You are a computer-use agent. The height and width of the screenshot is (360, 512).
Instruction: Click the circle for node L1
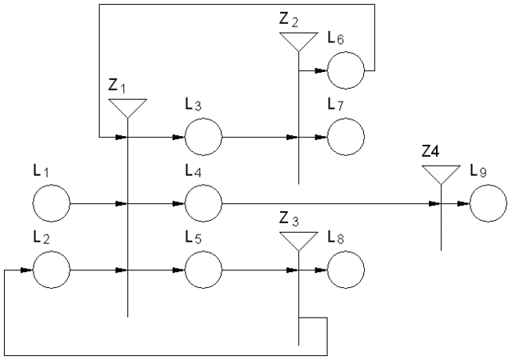pyautogui.click(x=51, y=204)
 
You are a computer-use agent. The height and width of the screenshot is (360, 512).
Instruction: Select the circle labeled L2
pyautogui.click(x=51, y=270)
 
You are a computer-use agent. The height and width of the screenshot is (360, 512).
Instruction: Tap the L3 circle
pyautogui.click(x=204, y=138)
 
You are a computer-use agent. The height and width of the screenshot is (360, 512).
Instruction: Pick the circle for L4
pyautogui.click(x=204, y=204)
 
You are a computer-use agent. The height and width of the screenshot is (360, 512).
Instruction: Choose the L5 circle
pyautogui.click(x=204, y=270)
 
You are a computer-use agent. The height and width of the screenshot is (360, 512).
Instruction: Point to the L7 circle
pyautogui.click(x=346, y=138)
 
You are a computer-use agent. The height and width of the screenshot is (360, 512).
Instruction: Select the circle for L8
pyautogui.click(x=346, y=270)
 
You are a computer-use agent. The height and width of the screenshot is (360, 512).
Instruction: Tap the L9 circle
pyautogui.click(x=488, y=204)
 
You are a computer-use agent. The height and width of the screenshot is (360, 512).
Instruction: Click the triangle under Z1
pyautogui.click(x=127, y=107)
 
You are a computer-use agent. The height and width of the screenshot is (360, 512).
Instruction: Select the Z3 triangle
pyautogui.click(x=298, y=240)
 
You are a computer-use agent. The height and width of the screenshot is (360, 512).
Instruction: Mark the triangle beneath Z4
pyautogui.click(x=441, y=174)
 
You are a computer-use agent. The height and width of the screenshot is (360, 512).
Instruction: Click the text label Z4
pyautogui.click(x=433, y=150)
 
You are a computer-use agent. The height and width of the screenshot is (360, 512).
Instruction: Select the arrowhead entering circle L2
pyautogui.click(x=27, y=270)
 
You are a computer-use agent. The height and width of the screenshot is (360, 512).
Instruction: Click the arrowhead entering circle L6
pyautogui.click(x=322, y=71)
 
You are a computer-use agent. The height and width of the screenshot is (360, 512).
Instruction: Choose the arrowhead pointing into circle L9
pyautogui.click(x=464, y=204)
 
